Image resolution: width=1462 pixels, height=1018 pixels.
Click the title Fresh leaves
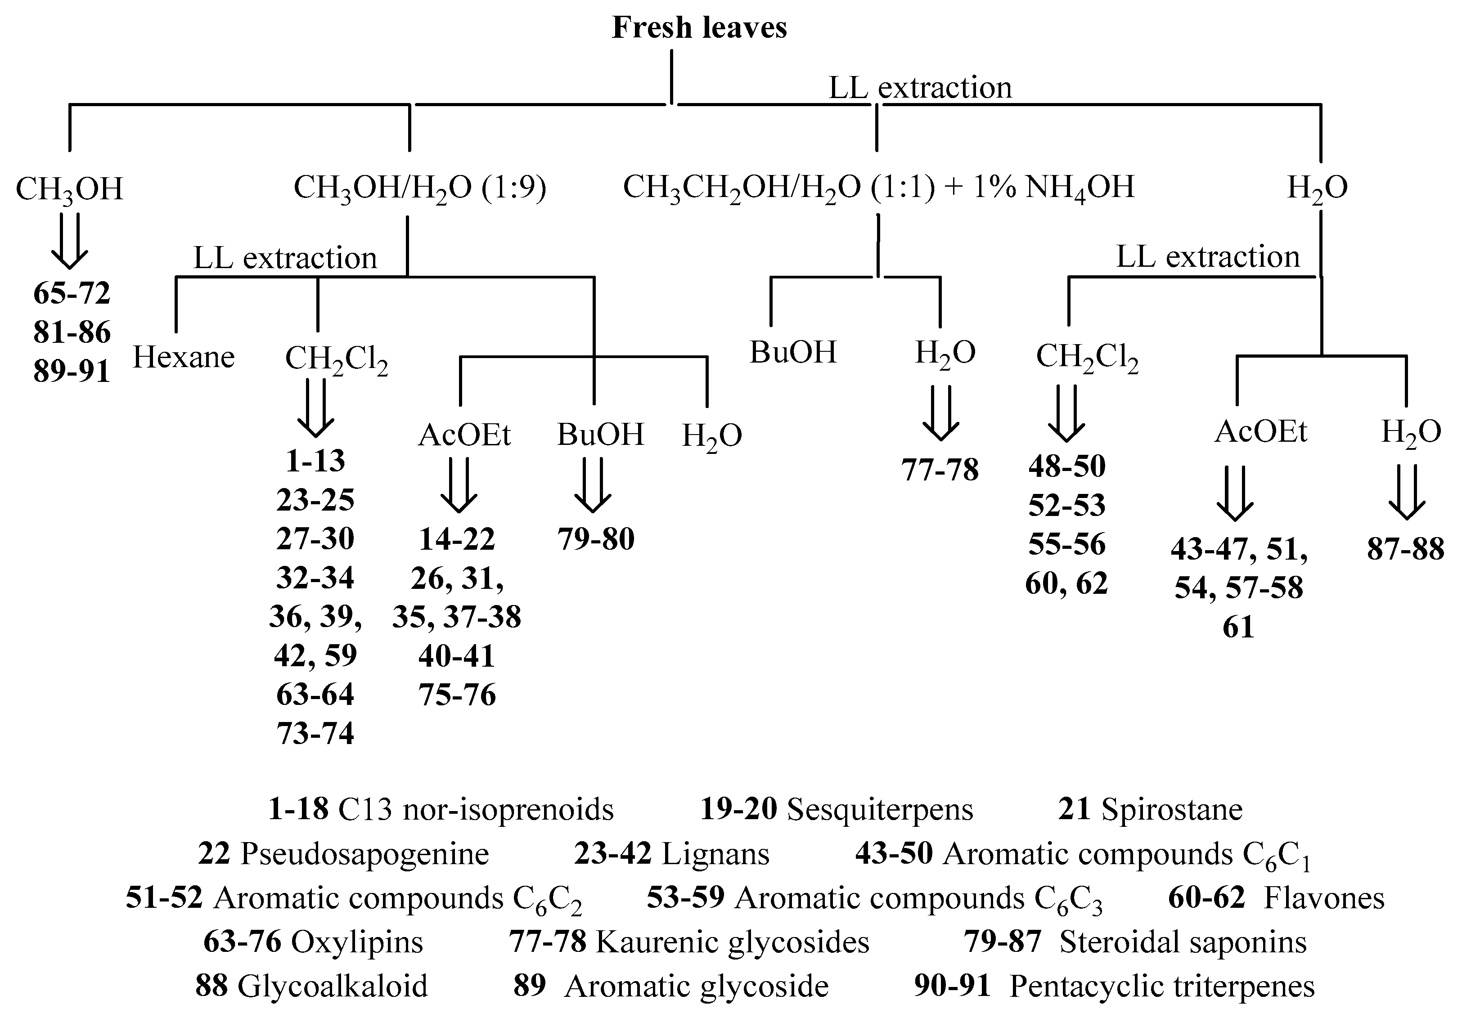tap(699, 28)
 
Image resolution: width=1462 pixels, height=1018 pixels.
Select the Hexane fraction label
tap(184, 357)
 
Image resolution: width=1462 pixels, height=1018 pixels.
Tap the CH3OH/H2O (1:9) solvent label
tap(420, 188)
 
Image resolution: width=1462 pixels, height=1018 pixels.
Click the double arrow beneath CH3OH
tap(69, 241)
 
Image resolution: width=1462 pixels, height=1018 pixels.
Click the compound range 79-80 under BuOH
tap(596, 539)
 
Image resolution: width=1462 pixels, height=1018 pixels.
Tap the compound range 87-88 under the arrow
tap(1405, 549)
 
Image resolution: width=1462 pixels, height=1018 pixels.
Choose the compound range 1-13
tap(315, 460)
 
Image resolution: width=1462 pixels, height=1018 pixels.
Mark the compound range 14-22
tap(457, 539)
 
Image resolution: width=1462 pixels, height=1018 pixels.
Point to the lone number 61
tap(1238, 627)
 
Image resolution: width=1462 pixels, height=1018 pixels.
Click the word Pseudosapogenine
tap(364, 854)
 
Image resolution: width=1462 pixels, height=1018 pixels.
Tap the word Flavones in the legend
tap(1324, 898)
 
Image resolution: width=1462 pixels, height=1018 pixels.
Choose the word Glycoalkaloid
tap(333, 986)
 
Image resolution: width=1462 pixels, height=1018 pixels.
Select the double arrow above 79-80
tap(593, 493)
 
